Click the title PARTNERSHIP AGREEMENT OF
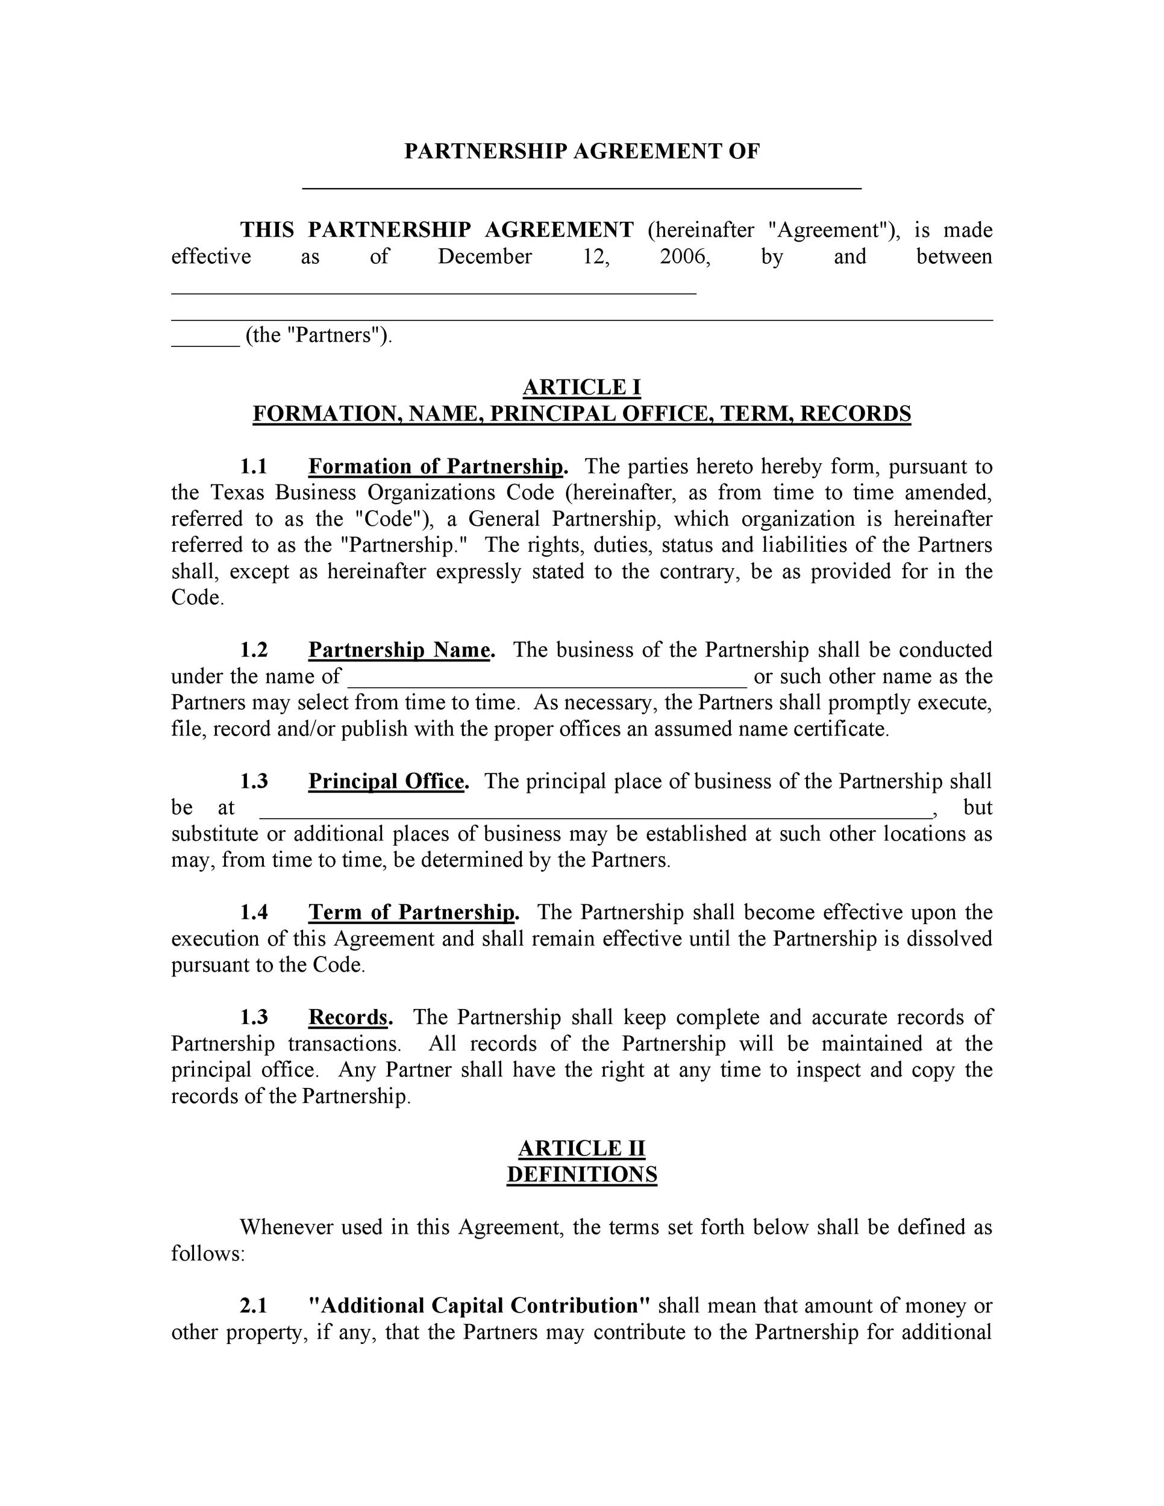coord(581,152)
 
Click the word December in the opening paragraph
coord(485,257)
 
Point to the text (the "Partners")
coord(319,335)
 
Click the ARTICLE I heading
coord(581,387)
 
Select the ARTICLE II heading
coord(581,1148)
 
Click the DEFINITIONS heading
coord(581,1174)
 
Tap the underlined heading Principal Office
coord(387,781)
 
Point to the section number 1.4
coord(254,912)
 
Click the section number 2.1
coord(254,1305)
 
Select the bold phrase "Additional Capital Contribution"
coord(479,1305)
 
